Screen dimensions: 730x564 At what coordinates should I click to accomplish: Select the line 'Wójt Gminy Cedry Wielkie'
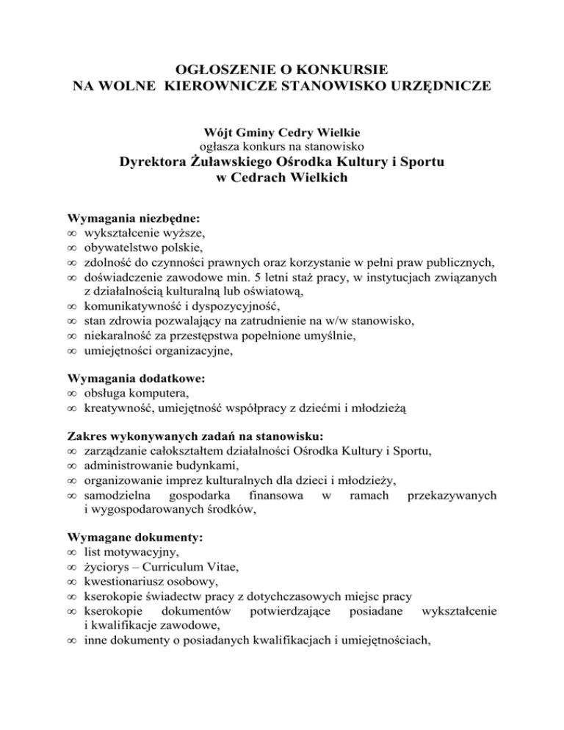click(281, 132)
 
